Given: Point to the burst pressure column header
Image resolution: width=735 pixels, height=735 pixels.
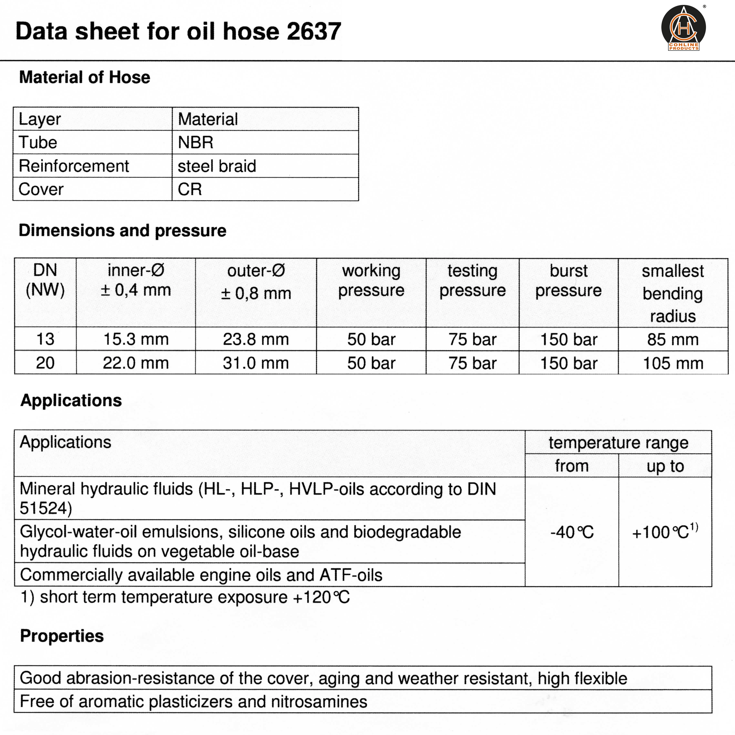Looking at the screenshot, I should point(568,281).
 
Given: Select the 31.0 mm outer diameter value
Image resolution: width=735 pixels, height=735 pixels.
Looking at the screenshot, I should point(256,363).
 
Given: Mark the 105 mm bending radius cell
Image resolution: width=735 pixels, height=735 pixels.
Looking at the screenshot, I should point(673,363).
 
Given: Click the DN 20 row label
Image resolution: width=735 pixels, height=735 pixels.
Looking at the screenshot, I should point(45,363).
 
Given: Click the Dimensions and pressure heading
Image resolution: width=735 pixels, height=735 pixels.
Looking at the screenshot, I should point(123,230).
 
